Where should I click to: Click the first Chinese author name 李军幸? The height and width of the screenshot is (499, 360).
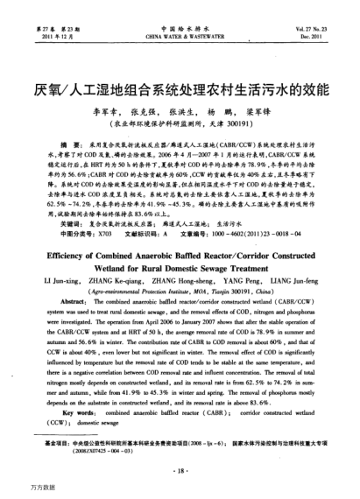point(105,114)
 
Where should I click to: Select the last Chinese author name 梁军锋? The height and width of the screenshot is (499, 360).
point(252,114)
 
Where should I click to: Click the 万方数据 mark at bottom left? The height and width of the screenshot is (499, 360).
point(18,487)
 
